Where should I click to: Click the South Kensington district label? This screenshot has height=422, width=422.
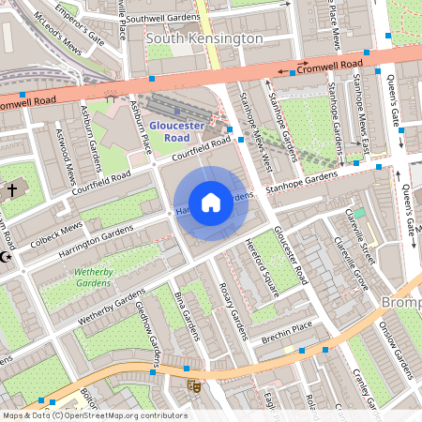tap(204, 38)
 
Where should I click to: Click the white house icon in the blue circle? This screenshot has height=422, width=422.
tap(211, 203)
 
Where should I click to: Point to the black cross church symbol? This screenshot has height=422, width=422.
tap(12, 190)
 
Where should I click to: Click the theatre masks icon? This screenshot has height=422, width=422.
tap(194, 385)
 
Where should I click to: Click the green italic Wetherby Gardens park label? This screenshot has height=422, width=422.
tap(93, 276)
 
